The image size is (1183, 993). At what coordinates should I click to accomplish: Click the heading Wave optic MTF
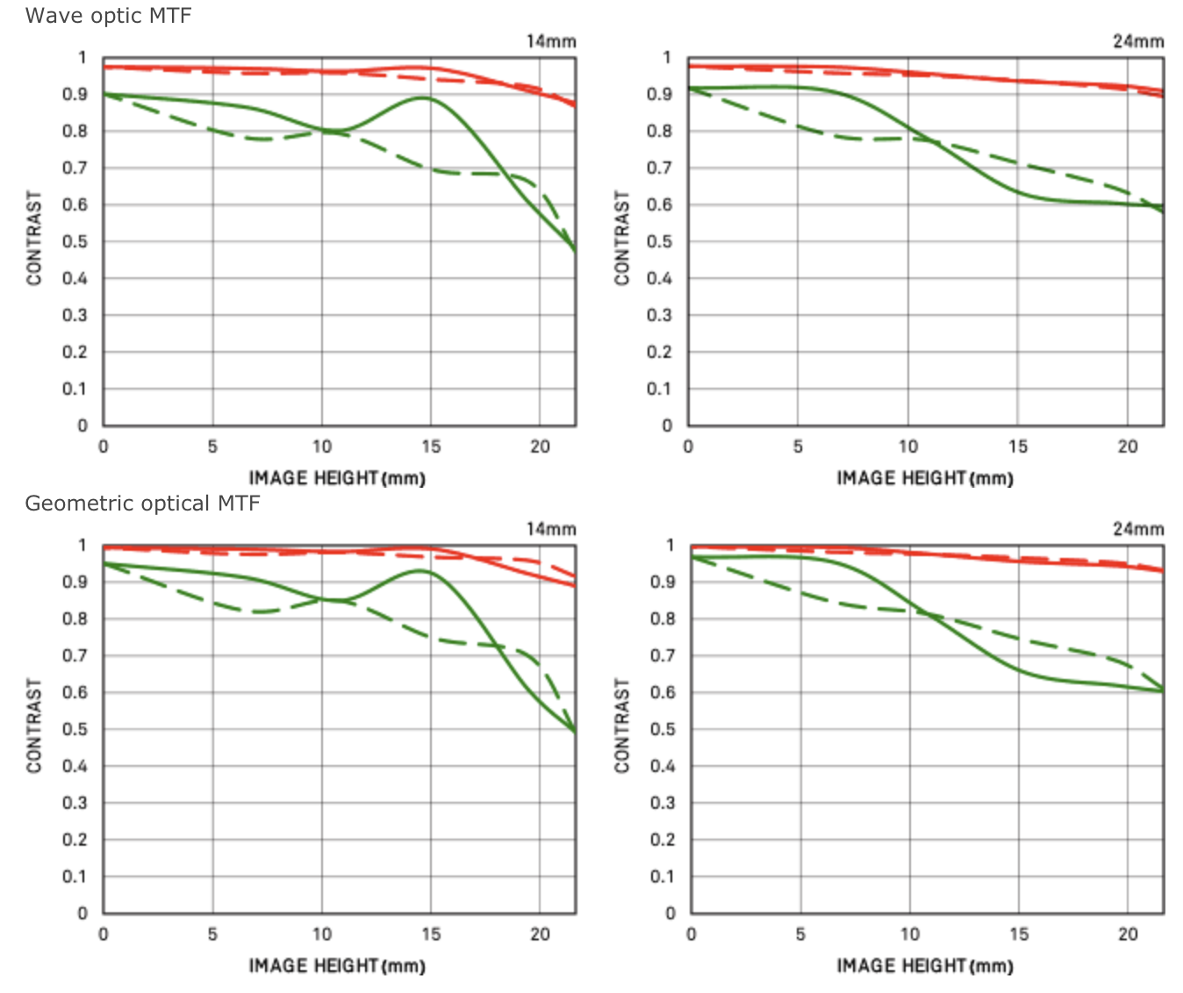[x=108, y=16]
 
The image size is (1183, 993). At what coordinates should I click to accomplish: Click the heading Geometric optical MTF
[x=142, y=504]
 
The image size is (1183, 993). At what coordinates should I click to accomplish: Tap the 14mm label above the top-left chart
[x=551, y=41]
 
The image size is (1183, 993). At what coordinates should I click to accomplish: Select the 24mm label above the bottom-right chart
[x=1138, y=529]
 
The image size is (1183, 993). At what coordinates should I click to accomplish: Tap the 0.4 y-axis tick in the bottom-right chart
[x=663, y=767]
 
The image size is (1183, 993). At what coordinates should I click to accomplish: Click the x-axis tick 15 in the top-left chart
[x=431, y=446]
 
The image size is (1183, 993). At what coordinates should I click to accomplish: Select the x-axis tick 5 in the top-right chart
[x=798, y=446]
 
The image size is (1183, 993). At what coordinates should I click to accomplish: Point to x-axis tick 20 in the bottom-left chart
[x=540, y=934]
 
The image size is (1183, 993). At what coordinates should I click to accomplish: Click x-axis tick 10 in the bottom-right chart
[x=910, y=934]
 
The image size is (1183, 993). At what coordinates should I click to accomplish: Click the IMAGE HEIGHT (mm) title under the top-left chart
[x=337, y=478]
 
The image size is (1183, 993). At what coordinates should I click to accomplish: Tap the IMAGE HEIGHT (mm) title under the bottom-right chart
[x=925, y=966]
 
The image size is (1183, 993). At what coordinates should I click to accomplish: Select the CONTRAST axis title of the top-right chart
[x=622, y=238]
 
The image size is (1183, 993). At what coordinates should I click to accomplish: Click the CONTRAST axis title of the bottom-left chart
[x=34, y=725]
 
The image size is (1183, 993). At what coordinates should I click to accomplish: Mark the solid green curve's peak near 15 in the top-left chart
[x=425, y=98]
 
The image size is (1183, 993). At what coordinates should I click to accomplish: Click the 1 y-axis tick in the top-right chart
[x=667, y=58]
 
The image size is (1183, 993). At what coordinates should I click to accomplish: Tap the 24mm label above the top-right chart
[x=1138, y=41]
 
